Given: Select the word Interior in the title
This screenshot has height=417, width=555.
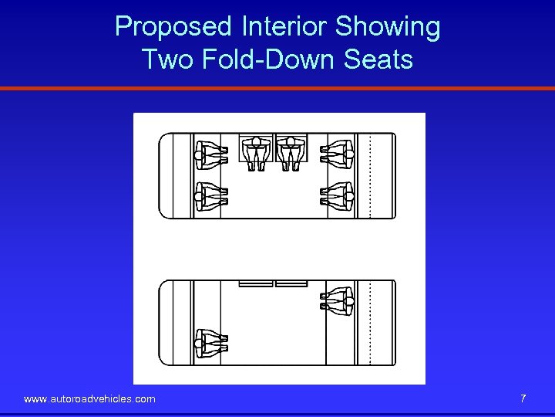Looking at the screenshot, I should [x=284, y=28].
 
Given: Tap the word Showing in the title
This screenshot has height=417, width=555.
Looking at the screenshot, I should [x=388, y=28].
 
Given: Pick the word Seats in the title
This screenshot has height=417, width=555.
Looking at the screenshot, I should [x=378, y=59].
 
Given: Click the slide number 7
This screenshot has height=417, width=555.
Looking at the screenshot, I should [x=523, y=398].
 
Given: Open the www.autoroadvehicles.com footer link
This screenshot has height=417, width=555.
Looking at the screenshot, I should [x=89, y=399].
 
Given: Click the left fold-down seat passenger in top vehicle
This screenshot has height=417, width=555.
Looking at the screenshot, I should [x=255, y=153].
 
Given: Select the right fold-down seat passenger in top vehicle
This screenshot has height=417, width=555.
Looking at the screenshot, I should [x=291, y=153].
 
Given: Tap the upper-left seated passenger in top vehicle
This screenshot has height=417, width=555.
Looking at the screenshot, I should [x=210, y=154].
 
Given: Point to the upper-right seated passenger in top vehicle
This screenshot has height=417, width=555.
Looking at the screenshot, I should [x=338, y=154].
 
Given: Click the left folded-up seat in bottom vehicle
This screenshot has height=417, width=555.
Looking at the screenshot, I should [x=255, y=284].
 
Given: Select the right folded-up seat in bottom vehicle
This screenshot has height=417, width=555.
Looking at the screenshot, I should [x=291, y=284].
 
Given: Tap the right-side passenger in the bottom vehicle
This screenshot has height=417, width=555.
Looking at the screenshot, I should [x=338, y=301].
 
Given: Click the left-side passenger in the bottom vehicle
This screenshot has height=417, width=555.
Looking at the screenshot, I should [x=210, y=343].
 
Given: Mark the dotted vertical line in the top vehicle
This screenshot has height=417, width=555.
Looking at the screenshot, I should [x=371, y=176].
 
